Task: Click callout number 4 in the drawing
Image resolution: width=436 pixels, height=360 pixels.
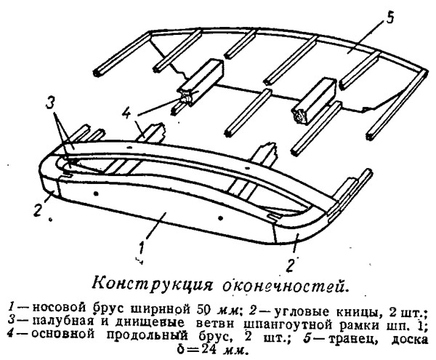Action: (x=126, y=112)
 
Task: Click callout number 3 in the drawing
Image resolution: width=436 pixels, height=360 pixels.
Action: (x=50, y=105)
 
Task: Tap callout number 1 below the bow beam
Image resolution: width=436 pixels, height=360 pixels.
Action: (x=142, y=249)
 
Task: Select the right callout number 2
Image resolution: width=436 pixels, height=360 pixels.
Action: (x=290, y=265)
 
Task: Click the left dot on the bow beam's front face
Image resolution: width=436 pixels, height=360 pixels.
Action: (x=95, y=193)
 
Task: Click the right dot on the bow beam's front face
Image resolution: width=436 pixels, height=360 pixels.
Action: (x=220, y=218)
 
